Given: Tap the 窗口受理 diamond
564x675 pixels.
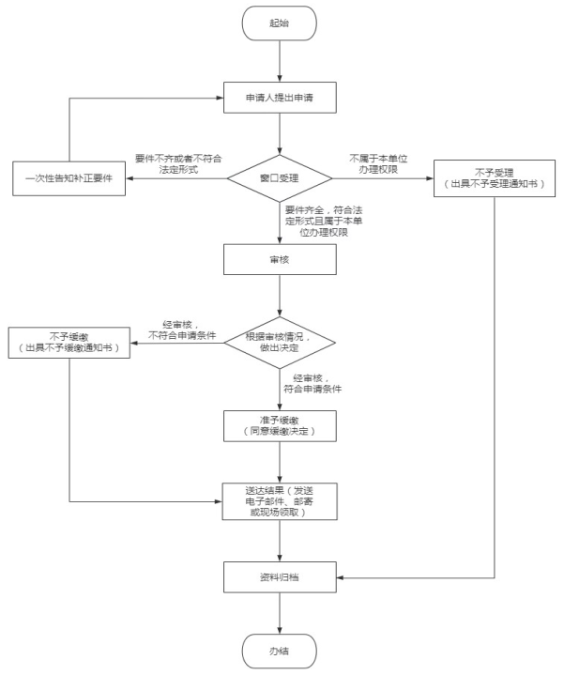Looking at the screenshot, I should tap(280, 176).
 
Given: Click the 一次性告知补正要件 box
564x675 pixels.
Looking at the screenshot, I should tap(69, 177).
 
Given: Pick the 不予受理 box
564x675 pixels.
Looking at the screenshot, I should tap(495, 177).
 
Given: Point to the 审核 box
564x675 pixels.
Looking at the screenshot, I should tap(280, 259).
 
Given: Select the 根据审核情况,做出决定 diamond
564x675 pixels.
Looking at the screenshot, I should tap(280, 344).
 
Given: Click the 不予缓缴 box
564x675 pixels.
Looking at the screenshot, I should tap(69, 343).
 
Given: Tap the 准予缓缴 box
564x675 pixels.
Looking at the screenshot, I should tap(280, 425).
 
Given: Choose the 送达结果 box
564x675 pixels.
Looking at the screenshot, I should tap(280, 500).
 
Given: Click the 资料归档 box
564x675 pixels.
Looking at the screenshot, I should tap(280, 575).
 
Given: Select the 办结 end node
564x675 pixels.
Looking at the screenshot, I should tap(280, 650).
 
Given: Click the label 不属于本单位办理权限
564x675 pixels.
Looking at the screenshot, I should tap(375, 162).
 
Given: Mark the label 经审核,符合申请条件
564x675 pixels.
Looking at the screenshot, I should tap(312, 382).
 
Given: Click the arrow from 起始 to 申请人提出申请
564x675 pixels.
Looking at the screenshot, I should tap(280, 60).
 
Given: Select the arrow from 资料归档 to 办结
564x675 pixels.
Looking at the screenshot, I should tap(280, 613).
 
